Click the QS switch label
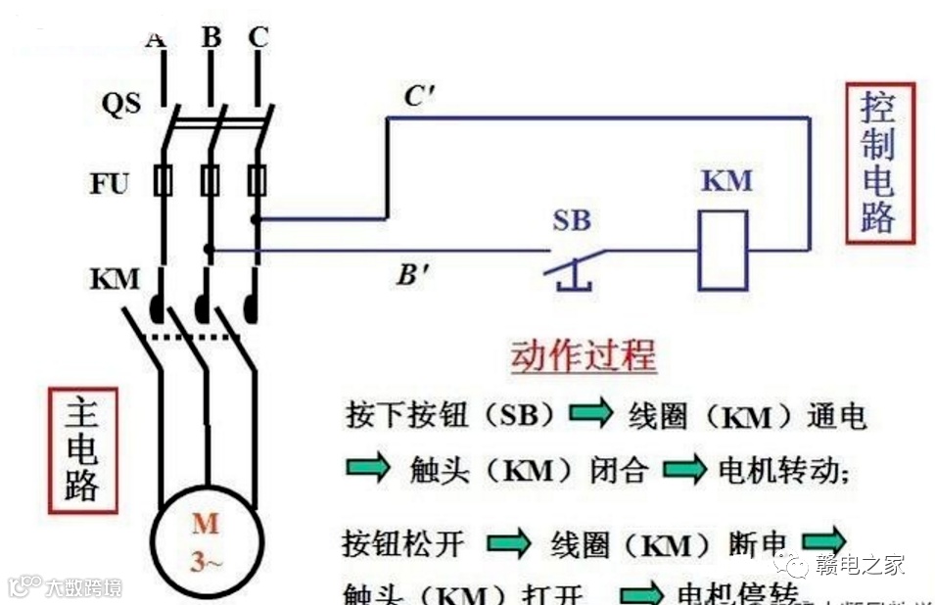[x=121, y=104]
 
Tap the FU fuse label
[x=111, y=183]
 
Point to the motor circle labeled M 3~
[x=205, y=541]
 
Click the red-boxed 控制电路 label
[x=878, y=163]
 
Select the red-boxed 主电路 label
[x=82, y=450]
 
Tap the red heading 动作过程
[x=583, y=357]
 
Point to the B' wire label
[x=413, y=275]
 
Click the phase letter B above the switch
[x=210, y=38]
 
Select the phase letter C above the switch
[x=257, y=38]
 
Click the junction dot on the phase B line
[x=209, y=250]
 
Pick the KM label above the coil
[x=726, y=181]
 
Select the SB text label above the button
[x=572, y=221]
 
